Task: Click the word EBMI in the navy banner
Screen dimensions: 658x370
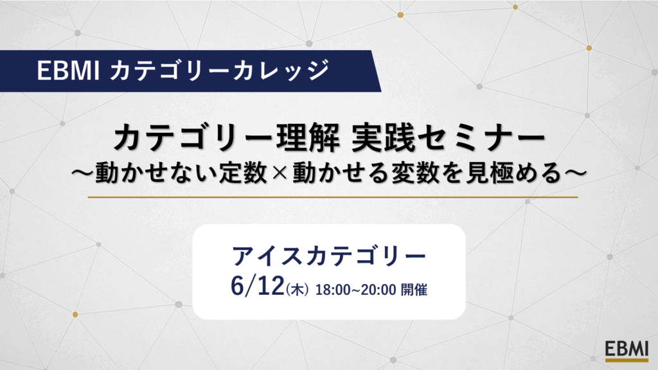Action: [68, 71]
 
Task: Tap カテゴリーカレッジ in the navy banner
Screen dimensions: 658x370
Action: [220, 70]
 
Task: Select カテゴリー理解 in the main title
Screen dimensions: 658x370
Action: [226, 139]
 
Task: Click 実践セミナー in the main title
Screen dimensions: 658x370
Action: [448, 139]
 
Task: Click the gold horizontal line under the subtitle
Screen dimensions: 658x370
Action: [333, 197]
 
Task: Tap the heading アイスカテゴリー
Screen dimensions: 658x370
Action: [329, 256]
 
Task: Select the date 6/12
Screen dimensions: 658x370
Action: [257, 286]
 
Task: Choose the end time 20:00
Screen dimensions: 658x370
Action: [378, 290]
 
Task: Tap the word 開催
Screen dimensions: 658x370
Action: [414, 290]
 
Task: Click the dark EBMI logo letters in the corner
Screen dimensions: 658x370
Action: [627, 349]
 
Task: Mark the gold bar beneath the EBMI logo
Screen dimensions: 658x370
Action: [627, 360]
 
